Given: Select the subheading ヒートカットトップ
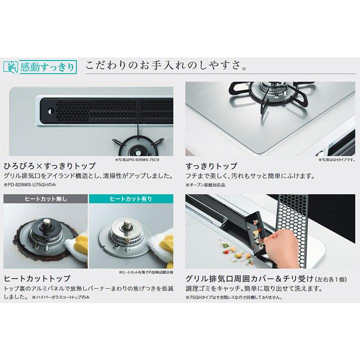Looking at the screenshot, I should click(37, 278).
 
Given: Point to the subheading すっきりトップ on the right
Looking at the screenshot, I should click(211, 165).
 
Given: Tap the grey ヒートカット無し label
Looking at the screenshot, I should click(45, 199).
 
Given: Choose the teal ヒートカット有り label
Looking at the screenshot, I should click(130, 199).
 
